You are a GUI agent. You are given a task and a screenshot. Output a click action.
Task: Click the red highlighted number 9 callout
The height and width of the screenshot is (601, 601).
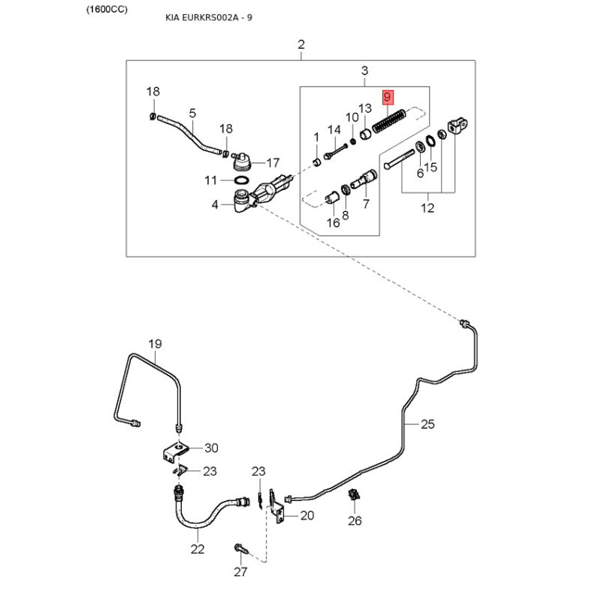[x=387, y=98]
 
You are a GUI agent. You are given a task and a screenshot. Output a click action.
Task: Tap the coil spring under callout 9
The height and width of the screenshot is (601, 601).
[x=389, y=121]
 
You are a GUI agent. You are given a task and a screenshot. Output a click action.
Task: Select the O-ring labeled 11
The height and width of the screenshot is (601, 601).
[x=241, y=180]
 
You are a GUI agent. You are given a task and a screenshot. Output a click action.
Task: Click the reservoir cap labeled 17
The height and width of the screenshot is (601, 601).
[x=241, y=162]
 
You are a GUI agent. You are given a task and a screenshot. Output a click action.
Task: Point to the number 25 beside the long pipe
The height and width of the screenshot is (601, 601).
[x=427, y=424]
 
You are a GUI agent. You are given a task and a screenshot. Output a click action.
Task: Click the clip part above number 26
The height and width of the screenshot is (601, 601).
[x=354, y=495]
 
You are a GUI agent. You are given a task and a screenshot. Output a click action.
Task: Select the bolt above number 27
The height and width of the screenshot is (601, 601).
[x=241, y=548]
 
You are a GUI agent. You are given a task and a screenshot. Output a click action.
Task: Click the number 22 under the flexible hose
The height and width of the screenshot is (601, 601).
[x=198, y=549]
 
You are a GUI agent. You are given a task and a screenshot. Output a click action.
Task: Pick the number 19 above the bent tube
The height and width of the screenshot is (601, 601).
[x=156, y=344]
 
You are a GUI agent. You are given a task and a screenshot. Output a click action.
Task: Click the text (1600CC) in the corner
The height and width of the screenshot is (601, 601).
[x=107, y=9]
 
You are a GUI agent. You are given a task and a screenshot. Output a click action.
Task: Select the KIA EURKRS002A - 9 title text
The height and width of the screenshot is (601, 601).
[x=209, y=17]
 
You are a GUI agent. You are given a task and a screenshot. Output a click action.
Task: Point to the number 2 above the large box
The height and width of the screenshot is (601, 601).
[x=301, y=44]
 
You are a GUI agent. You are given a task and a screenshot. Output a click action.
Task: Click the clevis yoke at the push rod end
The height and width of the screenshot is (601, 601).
[x=458, y=125]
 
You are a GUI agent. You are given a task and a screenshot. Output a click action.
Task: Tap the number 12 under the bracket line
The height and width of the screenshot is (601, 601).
[x=427, y=208]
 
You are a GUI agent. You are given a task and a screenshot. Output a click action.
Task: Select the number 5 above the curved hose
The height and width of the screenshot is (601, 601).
[x=192, y=113]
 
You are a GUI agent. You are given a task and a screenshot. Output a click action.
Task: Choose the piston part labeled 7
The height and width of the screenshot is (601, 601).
[x=364, y=180]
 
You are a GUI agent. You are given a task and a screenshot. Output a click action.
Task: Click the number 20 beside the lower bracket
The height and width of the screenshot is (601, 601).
[x=307, y=515]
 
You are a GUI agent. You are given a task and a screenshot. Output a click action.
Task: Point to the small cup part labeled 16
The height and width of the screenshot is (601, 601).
[x=331, y=198]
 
